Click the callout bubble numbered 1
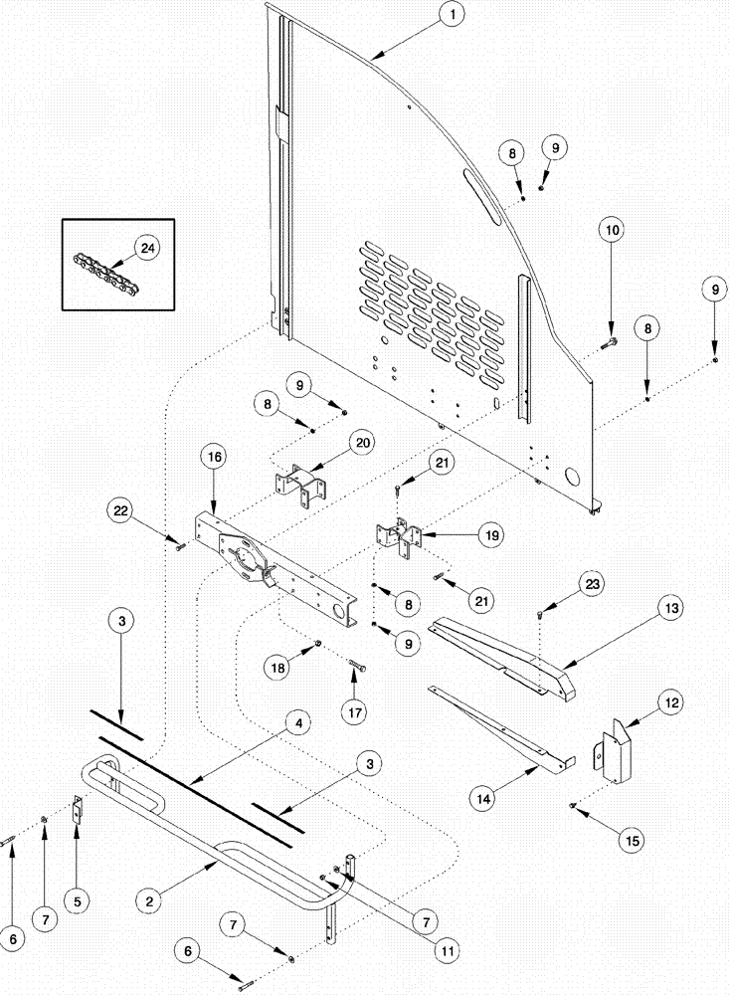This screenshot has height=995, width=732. pos(453,15)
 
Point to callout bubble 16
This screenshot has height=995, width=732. pos(216,459)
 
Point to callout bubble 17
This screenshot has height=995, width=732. pos(354,712)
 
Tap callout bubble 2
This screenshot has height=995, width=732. pos(149,899)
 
